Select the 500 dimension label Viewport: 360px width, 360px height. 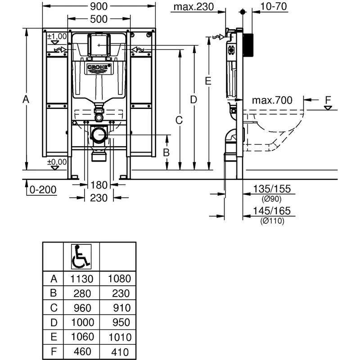[x=99, y=19]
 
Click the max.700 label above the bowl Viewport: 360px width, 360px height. [x=272, y=99]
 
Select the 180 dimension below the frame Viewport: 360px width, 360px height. [x=99, y=185]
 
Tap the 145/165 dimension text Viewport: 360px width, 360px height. [x=272, y=211]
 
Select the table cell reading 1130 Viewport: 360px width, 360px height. [x=81, y=279]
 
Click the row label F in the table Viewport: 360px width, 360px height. [x=53, y=352]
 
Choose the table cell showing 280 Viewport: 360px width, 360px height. [x=81, y=293]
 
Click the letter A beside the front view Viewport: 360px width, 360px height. [x=26, y=99]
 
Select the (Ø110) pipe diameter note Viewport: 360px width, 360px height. [x=272, y=220]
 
